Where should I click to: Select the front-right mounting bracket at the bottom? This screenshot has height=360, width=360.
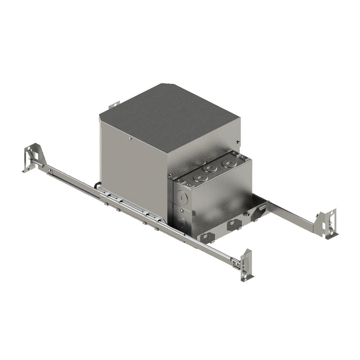[x=245, y=264]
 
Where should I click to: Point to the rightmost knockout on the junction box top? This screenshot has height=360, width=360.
[x=229, y=162]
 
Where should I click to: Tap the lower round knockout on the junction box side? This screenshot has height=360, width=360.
[x=182, y=223]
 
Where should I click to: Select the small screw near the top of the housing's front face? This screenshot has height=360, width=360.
[x=131, y=137]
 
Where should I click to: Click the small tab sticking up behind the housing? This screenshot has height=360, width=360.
[x=113, y=106]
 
